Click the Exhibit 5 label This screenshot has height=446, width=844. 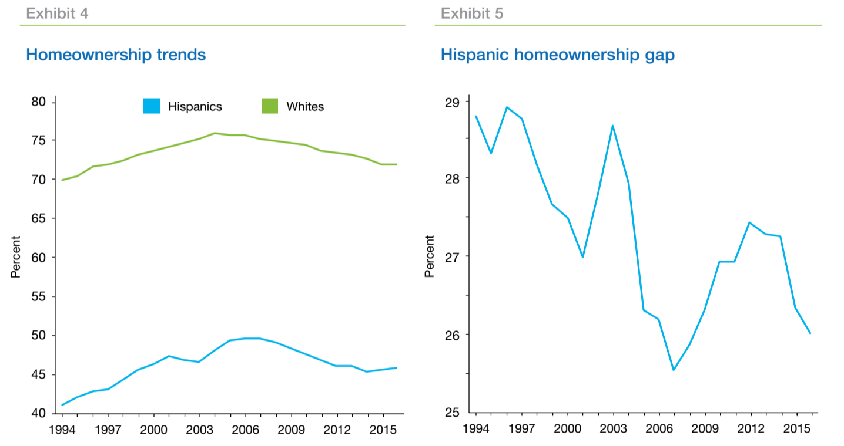point(472,13)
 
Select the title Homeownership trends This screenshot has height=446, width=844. point(116,55)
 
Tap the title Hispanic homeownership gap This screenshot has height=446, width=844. point(557,55)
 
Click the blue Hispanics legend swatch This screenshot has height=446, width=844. point(152,106)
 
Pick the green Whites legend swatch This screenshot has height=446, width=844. point(270,106)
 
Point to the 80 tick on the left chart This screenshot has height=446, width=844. point(39,102)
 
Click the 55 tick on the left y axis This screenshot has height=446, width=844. point(39,297)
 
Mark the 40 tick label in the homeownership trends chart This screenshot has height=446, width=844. point(39,413)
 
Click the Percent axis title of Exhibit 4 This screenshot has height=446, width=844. point(16,257)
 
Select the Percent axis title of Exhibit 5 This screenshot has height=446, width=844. point(430,256)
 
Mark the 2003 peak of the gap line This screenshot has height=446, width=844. point(612,126)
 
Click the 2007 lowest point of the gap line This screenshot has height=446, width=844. point(674,370)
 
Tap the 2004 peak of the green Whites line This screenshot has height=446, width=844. point(215,133)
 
